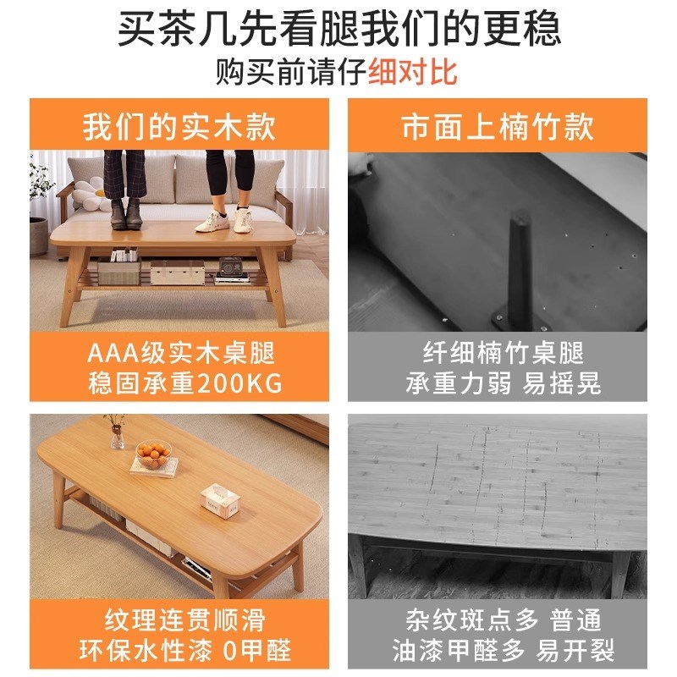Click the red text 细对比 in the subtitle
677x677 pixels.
tap(413, 71)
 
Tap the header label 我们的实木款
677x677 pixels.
tap(179, 127)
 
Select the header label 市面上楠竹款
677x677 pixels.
tap(498, 127)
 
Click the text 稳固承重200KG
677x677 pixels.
tap(179, 383)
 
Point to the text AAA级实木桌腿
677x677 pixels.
tap(179, 353)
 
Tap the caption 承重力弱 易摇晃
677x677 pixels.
tap(503, 383)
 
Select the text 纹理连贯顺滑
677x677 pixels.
tap(179, 619)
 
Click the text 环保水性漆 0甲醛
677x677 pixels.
tap(179, 650)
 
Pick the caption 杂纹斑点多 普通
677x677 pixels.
tap(498, 619)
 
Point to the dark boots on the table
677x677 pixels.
tap(124, 214)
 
